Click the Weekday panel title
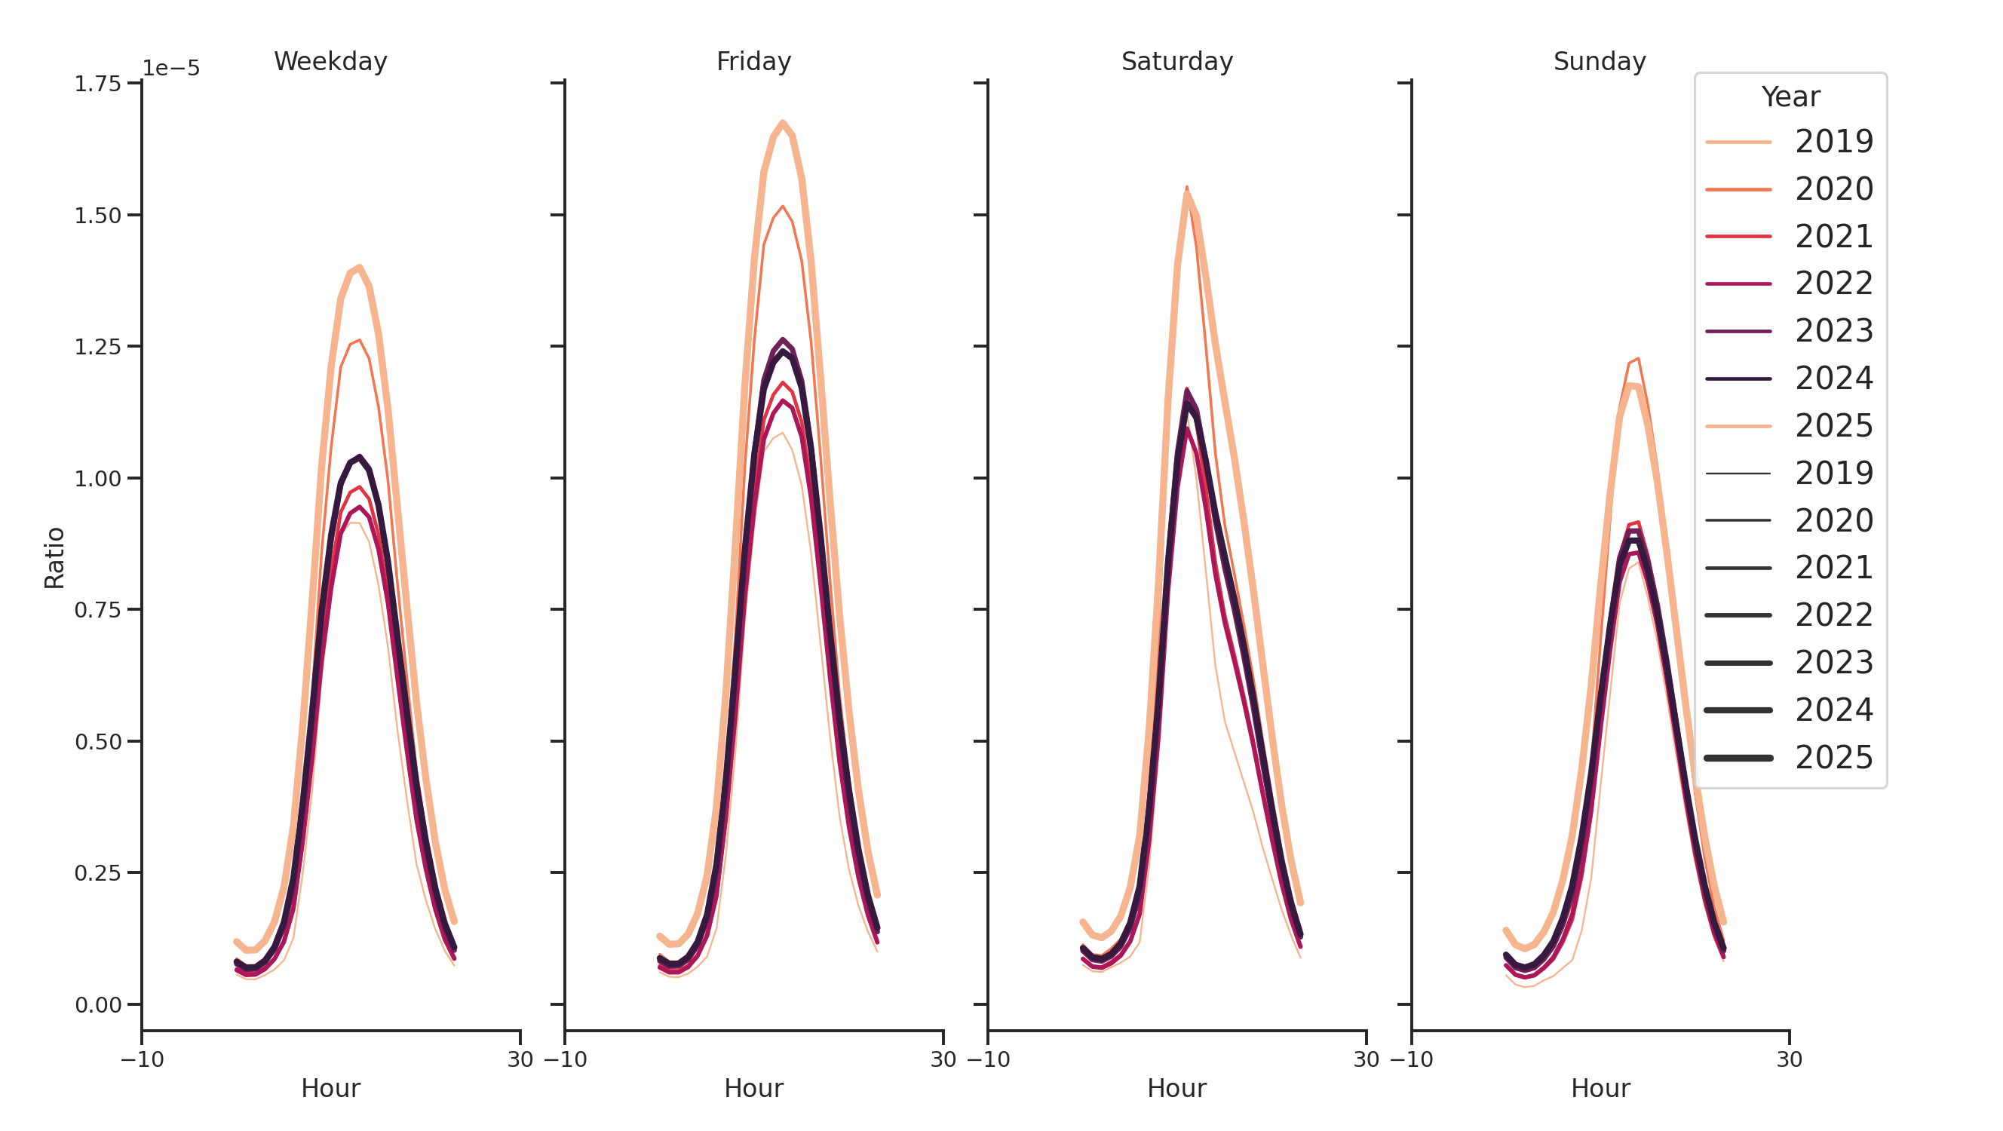click(330, 61)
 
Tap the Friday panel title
click(753, 61)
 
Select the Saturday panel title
click(1176, 61)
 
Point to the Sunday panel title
click(1600, 61)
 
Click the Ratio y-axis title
click(54, 557)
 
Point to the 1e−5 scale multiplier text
click(171, 69)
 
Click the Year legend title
click(1790, 97)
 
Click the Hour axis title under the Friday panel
click(753, 1088)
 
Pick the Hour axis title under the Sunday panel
click(1600, 1088)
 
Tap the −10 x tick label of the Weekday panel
click(143, 1059)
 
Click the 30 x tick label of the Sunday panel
click(1789, 1059)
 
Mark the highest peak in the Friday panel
click(782, 122)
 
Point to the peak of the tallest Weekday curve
click(359, 268)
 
